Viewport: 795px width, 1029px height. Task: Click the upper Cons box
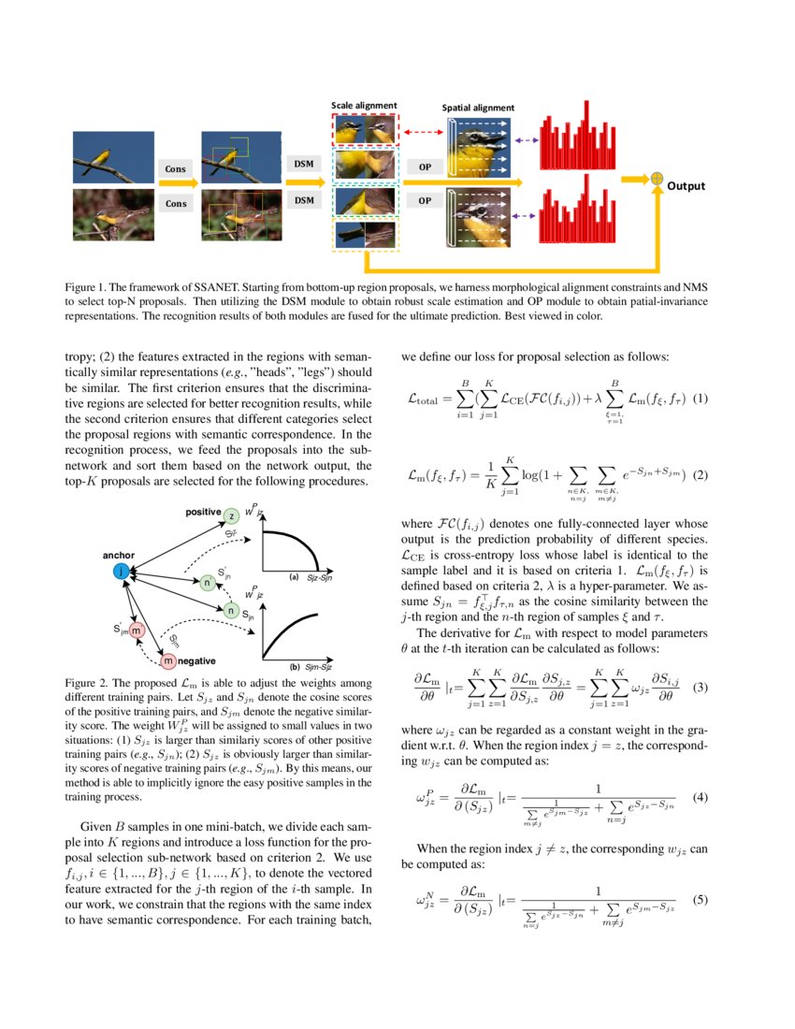[x=176, y=169]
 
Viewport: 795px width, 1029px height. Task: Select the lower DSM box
[x=303, y=200]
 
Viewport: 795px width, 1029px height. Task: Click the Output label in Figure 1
[x=686, y=186]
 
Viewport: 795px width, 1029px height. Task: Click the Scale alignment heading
[x=365, y=105]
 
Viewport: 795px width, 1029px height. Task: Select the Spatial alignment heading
[x=478, y=108]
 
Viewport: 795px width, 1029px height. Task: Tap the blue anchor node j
[x=121, y=570]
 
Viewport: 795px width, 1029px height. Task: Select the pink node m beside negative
[x=168, y=661]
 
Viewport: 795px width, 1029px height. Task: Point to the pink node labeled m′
[x=137, y=630]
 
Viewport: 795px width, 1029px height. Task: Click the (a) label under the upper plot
[x=294, y=577]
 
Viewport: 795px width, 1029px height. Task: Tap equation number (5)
[x=698, y=899]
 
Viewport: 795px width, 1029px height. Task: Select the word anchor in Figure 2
[x=120, y=555]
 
